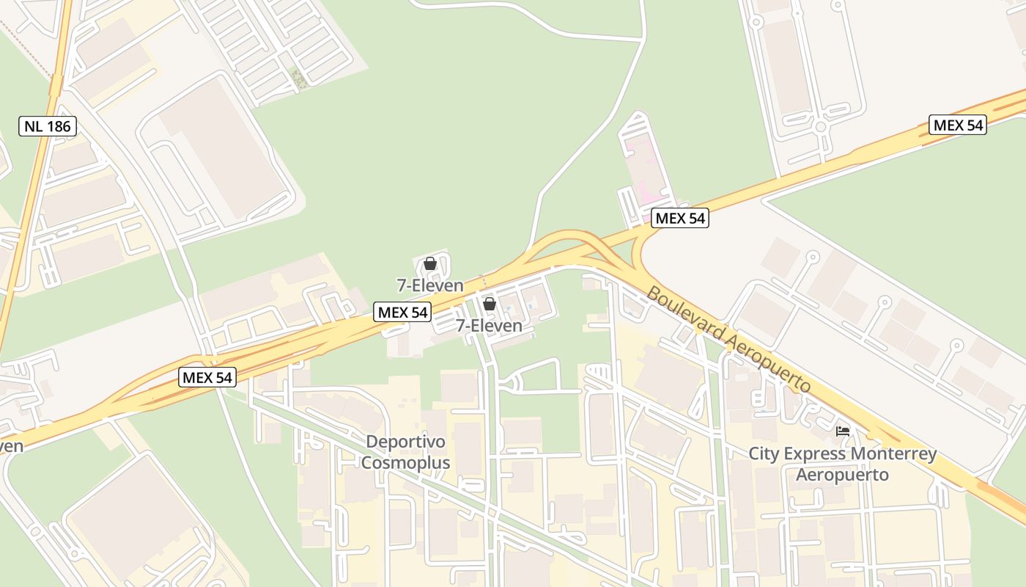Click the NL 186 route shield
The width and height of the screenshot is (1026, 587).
coord(48,126)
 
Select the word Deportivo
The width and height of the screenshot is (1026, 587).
coord(405,442)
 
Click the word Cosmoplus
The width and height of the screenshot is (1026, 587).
coord(405,464)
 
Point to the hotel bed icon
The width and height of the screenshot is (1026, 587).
coord(843,431)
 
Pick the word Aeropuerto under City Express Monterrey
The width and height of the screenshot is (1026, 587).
coord(842,475)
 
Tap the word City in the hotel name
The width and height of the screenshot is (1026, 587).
coord(764,454)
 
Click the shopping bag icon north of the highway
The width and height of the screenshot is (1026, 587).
coord(430,263)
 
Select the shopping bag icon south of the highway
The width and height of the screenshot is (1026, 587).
coord(490,303)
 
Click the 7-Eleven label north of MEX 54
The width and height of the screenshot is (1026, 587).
coord(430,285)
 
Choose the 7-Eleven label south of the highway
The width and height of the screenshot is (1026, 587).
coord(490,326)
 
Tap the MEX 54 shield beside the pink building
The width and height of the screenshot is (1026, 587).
coord(680,218)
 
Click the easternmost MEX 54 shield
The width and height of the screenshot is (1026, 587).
coord(957,125)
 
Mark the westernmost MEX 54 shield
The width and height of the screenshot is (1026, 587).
coord(207,378)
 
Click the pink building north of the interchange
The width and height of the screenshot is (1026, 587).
coord(642,165)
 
